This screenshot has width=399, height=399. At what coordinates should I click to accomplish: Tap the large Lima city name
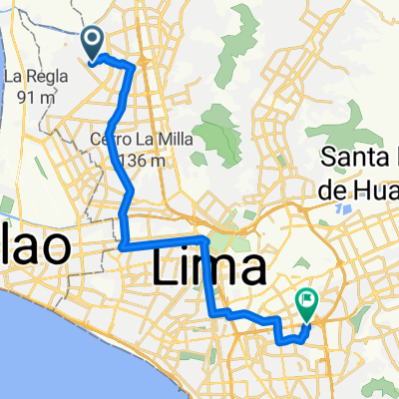[210, 268]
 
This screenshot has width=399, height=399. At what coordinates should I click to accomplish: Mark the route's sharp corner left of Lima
[121, 245]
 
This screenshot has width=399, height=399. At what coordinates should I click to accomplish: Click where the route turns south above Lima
[204, 241]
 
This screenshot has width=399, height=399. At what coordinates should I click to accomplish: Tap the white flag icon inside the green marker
[306, 296]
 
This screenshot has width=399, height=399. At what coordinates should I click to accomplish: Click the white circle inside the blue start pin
[93, 39]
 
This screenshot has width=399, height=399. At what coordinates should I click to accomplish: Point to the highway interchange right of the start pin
[142, 64]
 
